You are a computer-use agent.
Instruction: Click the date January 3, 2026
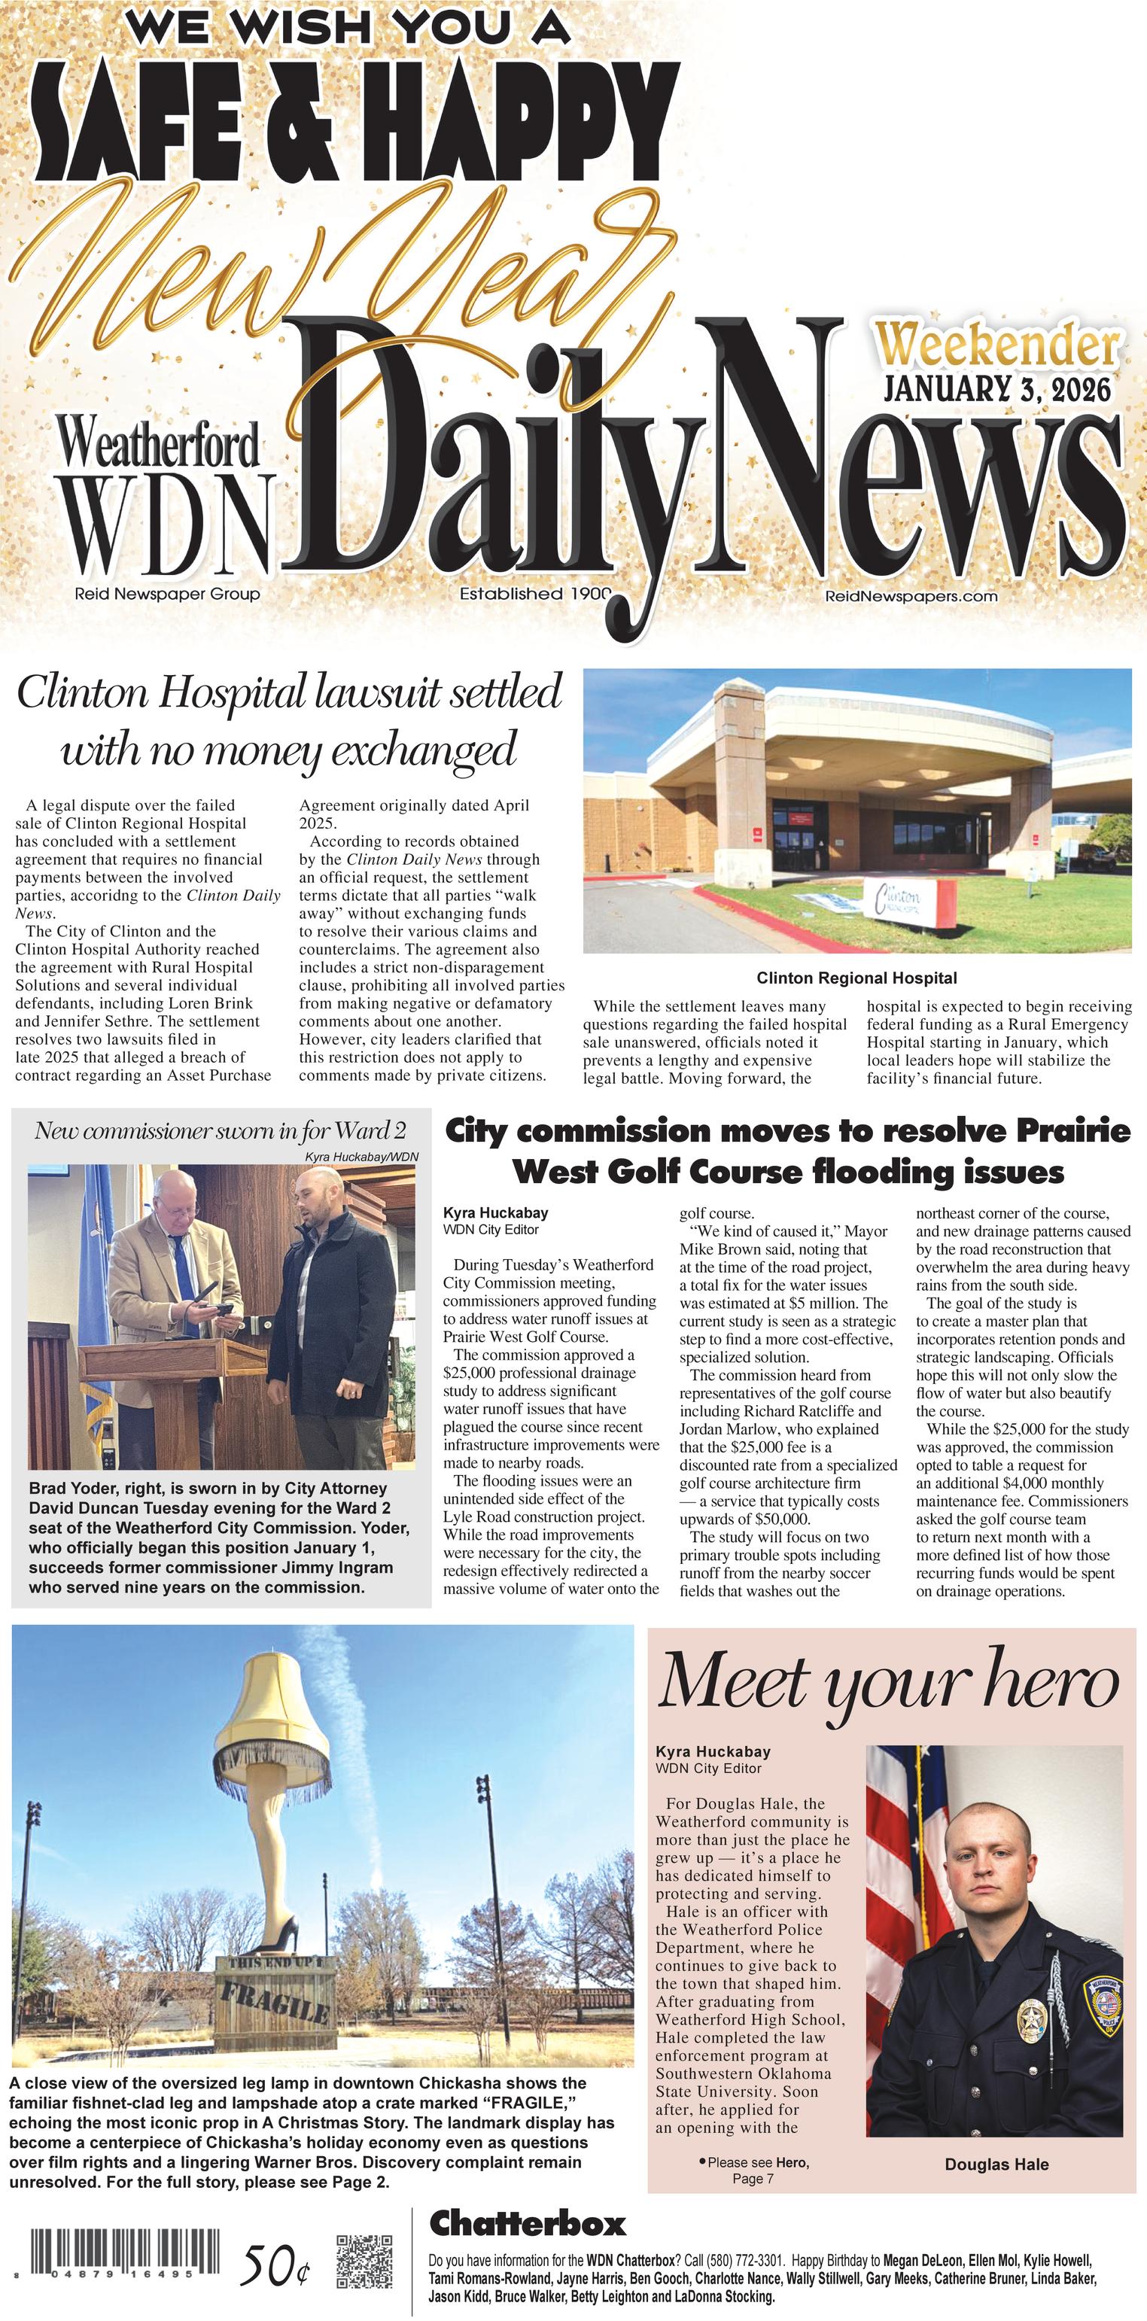[x=996, y=388]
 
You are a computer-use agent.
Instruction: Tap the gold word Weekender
[x=998, y=345]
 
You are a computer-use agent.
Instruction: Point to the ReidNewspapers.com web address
[x=911, y=595]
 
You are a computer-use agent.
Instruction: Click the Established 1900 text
[x=535, y=594]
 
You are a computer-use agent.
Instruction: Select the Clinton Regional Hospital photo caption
[x=856, y=978]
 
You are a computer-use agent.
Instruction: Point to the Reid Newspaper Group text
[x=168, y=594]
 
